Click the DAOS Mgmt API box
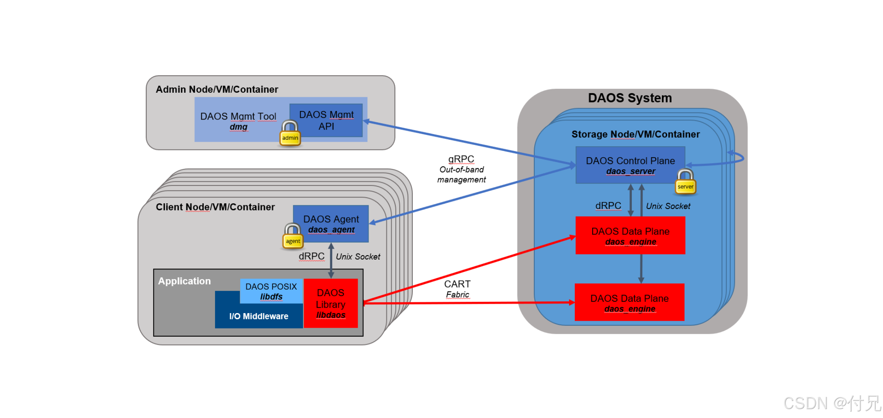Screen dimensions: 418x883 [x=326, y=121]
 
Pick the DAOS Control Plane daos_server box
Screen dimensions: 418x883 [x=630, y=165]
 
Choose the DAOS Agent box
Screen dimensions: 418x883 [x=331, y=224]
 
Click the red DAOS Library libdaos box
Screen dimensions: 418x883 [x=331, y=303]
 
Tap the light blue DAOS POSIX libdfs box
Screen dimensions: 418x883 [x=271, y=291]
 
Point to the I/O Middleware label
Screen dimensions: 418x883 [x=259, y=316]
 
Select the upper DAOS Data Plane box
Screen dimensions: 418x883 [x=630, y=236]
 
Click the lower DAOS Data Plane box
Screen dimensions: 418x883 [x=629, y=303]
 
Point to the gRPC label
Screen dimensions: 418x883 [x=461, y=159]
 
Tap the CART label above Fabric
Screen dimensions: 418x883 [x=457, y=284]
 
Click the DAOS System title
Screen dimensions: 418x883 [x=630, y=98]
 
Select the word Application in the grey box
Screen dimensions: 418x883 [x=184, y=281]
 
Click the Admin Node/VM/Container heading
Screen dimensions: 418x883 [x=217, y=90]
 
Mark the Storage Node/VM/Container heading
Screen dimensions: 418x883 [x=636, y=134]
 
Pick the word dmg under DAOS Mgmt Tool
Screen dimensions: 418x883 [x=239, y=127]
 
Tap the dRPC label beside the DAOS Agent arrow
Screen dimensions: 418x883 [x=311, y=256]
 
